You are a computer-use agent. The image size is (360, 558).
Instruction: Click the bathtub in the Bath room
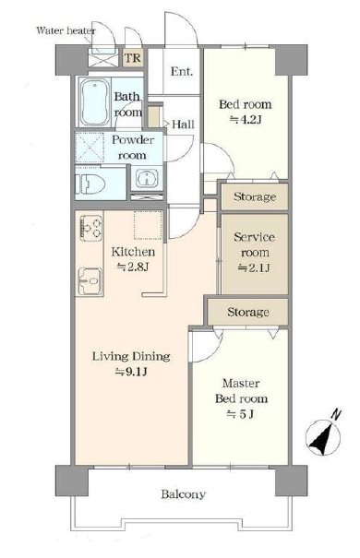coord(94,101)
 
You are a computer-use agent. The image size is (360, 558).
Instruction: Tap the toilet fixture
coord(90,184)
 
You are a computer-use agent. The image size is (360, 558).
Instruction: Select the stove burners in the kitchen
coord(91,228)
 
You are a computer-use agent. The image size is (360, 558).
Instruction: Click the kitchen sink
coord(90,281)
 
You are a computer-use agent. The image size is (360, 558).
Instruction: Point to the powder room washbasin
coord(147,178)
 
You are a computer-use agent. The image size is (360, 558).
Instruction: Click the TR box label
coord(133,58)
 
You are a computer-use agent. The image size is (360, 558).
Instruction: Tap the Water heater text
coord(66,30)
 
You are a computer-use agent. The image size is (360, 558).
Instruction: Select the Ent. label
coord(182,72)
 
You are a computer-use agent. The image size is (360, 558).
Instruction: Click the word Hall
coord(183,125)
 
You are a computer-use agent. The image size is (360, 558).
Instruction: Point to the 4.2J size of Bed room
coord(246,120)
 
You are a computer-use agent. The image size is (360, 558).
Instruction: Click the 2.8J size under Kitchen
coord(133,267)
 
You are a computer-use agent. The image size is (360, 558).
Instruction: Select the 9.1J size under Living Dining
coord(131,372)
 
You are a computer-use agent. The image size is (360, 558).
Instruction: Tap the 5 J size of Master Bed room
coord(241,414)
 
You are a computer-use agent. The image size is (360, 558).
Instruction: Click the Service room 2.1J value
coord(254,267)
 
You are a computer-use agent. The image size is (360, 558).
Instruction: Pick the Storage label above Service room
coord(255,196)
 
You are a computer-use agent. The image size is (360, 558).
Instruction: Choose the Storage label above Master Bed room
coord(247,312)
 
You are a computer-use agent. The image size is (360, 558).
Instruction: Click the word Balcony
coord(183,494)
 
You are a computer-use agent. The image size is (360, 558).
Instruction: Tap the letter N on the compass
coord(336,415)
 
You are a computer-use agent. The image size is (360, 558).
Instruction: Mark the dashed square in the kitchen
coord(148,225)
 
